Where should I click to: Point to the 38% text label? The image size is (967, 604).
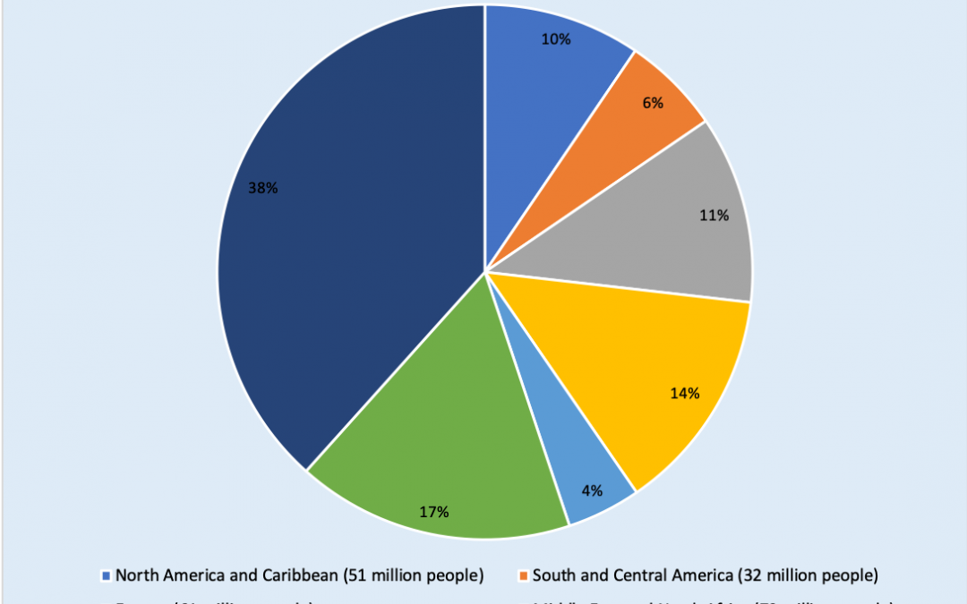(x=262, y=189)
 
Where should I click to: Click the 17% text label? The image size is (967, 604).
(x=433, y=513)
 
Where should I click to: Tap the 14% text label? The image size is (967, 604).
(x=684, y=393)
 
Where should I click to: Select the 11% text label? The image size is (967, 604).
(x=714, y=216)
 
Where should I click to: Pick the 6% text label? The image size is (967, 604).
(x=653, y=103)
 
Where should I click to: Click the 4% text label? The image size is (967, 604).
(x=592, y=490)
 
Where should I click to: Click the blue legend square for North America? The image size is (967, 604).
(x=107, y=575)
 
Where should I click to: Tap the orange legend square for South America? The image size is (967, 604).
(x=524, y=575)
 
